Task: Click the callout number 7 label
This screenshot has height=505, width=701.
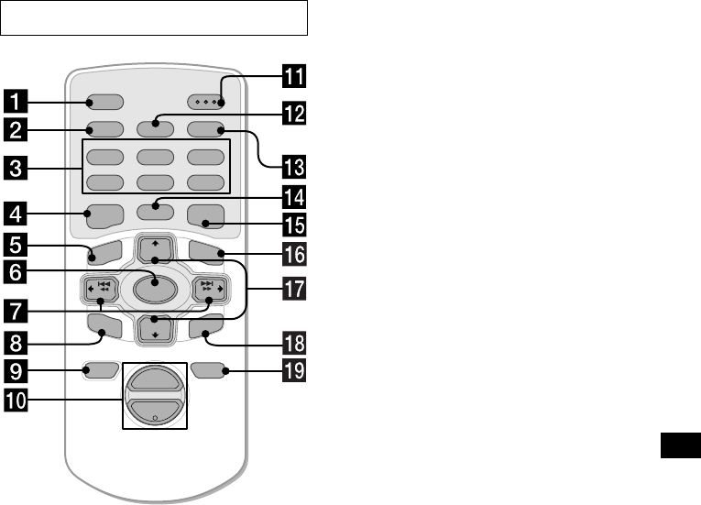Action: (x=15, y=303)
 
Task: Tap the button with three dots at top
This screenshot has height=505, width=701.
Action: (x=206, y=101)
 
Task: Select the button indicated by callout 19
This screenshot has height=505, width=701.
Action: (x=208, y=371)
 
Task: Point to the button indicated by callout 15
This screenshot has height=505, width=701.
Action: (x=203, y=218)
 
